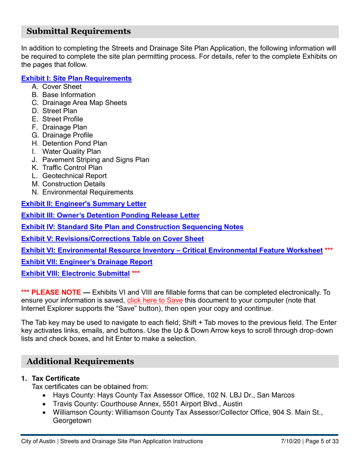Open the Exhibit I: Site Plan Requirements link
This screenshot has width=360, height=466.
point(76,79)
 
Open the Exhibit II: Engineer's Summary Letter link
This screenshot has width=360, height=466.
point(83,204)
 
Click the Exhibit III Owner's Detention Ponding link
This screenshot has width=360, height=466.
point(110,216)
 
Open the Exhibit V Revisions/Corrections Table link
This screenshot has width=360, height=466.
point(112,239)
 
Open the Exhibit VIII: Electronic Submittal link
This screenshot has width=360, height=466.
point(75,273)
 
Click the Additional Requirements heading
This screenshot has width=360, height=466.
point(80,361)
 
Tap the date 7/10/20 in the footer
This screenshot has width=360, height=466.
point(289,441)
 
